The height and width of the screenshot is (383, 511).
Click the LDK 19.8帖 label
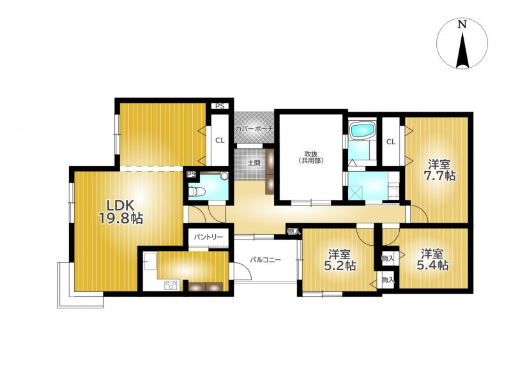coord(121,212)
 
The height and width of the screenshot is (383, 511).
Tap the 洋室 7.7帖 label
coord(439,169)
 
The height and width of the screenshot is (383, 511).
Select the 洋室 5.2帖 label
coord(339,260)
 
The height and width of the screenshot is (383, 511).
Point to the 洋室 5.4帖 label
coord(432,260)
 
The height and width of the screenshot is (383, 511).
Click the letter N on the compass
coord(462,24)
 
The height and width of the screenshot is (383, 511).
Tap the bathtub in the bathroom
coord(363,131)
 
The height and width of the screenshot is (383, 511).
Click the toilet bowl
coord(197,192)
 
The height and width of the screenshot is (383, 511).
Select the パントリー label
coord(208,237)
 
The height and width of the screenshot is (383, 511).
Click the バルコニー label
coord(265,260)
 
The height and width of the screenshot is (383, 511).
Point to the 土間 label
coord(254,163)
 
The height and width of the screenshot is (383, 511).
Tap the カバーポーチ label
coord(254,129)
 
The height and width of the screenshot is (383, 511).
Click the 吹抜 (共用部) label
coord(312,157)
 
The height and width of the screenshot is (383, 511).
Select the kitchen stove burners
coord(171,285)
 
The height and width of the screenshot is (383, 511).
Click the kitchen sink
coord(150,262)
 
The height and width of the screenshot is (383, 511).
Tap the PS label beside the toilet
coord(191,175)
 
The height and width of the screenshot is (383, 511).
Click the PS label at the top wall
coord(220,106)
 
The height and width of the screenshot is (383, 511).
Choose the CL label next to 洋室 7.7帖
coord(391,142)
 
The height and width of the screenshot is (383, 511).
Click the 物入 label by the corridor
coord(294,232)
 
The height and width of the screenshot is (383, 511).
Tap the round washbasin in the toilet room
coord(224,176)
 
